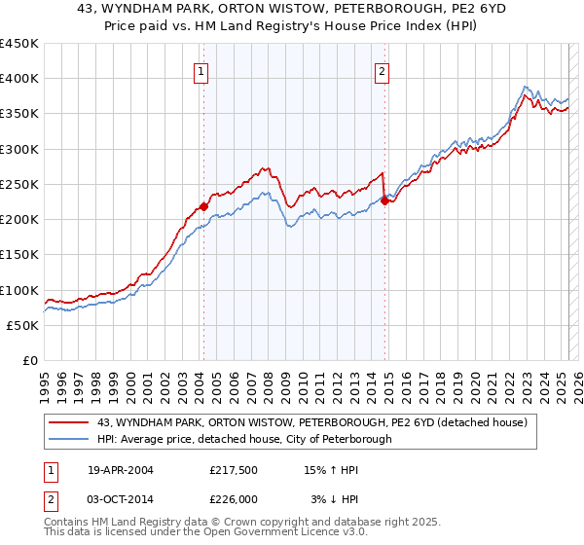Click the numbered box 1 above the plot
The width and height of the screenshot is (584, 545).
[201, 70]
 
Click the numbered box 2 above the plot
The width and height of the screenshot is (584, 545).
[382, 70]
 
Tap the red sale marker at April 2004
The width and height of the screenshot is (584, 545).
[204, 206]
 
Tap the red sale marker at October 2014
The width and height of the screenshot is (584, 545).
[384, 200]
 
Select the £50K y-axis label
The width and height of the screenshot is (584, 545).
[22, 326]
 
